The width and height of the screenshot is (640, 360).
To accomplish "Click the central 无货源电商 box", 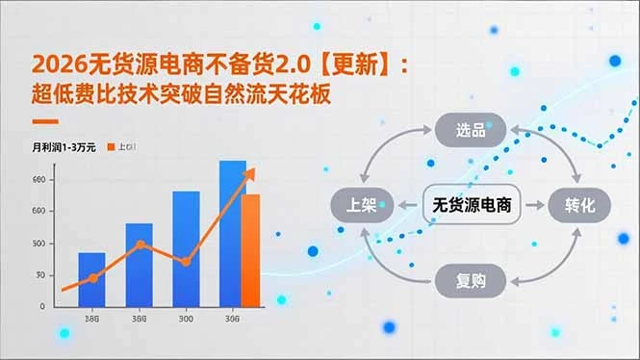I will (x=472, y=205).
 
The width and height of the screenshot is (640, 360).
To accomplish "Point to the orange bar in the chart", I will (x=251, y=248).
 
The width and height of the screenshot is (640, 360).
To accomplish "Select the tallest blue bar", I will (x=232, y=231).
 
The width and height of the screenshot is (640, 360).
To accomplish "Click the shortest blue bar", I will (x=91, y=279).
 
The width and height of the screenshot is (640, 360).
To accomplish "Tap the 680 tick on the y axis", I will (x=38, y=180).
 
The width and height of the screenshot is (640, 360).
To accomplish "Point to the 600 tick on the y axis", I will (x=38, y=212).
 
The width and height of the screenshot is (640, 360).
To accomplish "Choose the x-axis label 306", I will (x=232, y=320).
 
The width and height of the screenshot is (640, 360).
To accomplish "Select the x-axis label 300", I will (x=186, y=320).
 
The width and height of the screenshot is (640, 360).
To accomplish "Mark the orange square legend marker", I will (x=111, y=147).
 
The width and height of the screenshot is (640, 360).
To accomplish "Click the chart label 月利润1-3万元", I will (x=63, y=147).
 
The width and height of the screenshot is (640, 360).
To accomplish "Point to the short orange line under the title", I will (x=45, y=121).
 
